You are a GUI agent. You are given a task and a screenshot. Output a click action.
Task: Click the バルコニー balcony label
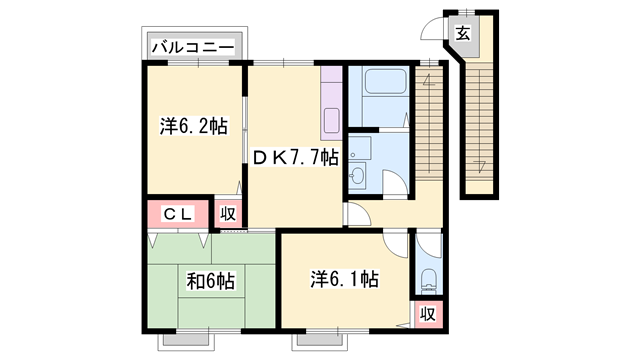(x=193, y=46)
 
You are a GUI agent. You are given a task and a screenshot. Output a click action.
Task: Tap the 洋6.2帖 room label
(x=193, y=127)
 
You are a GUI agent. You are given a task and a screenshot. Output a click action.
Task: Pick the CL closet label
(x=178, y=213)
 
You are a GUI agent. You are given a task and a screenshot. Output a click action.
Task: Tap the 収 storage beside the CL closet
(x=229, y=213)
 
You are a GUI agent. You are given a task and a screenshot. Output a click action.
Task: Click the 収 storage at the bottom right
(x=427, y=314)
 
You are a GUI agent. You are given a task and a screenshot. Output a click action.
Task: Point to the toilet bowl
(x=427, y=279)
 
